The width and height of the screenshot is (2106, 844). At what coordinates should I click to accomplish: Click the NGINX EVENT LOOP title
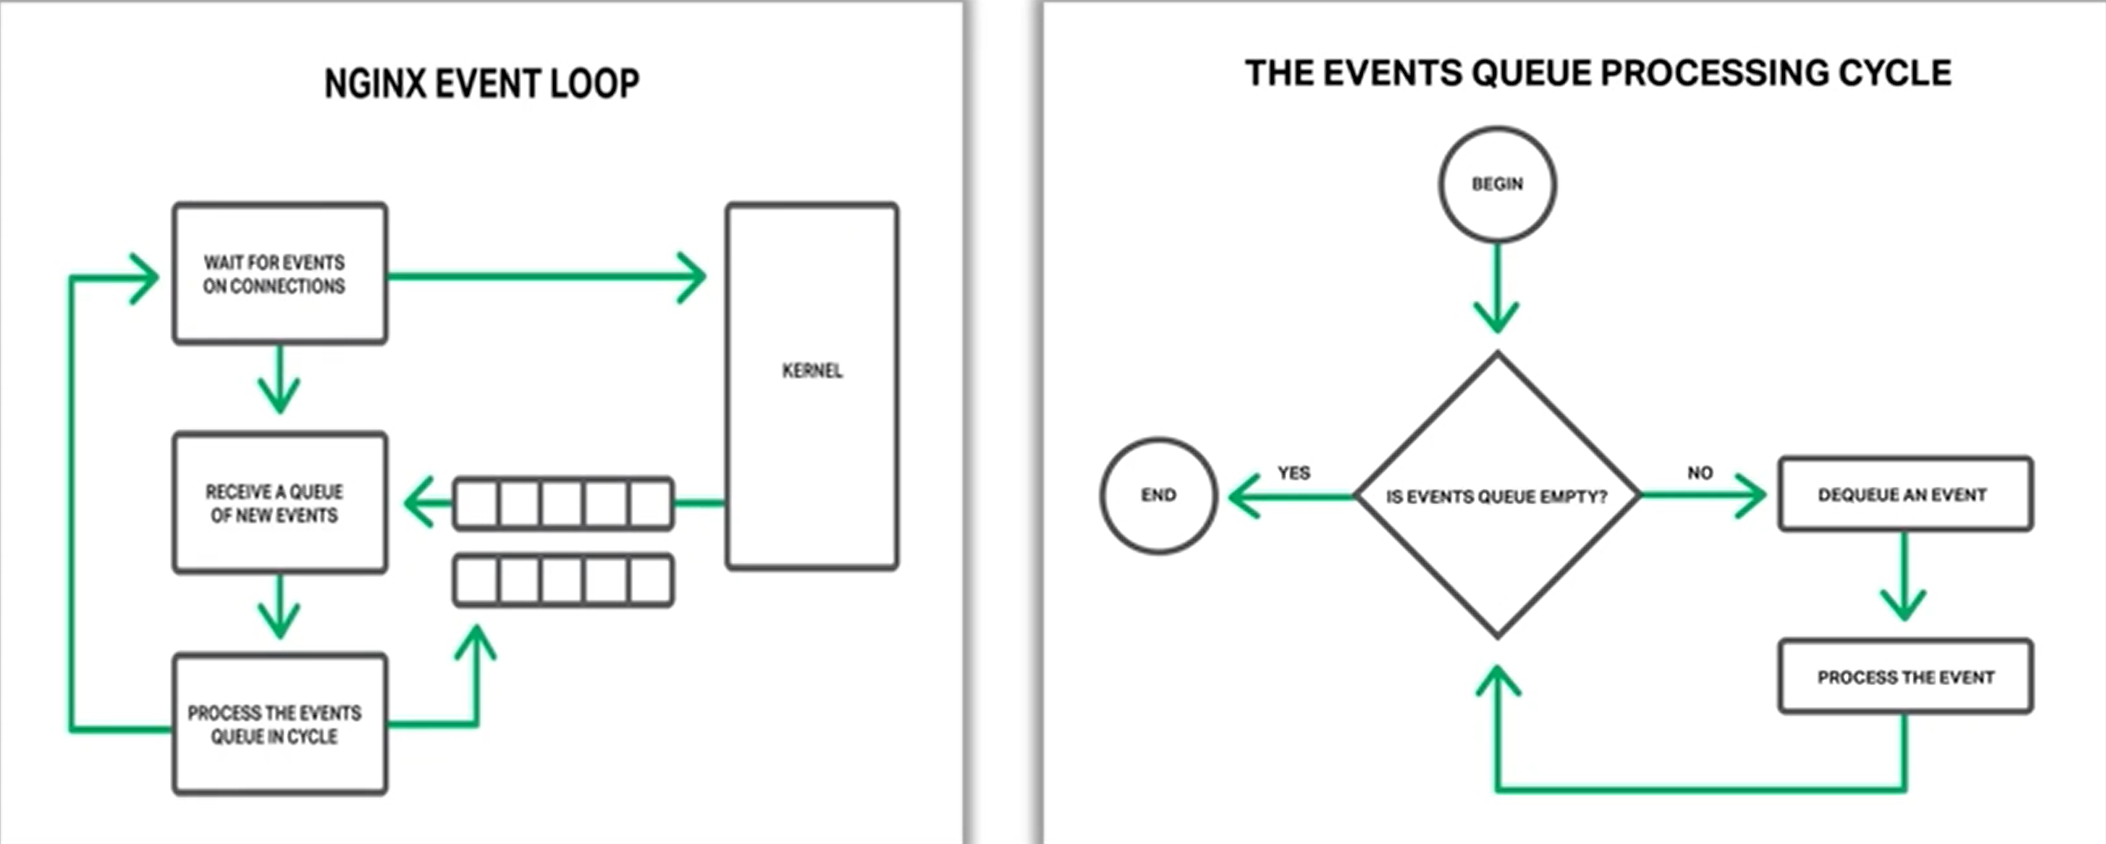[482, 83]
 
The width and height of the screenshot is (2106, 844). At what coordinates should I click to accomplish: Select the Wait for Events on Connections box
[280, 273]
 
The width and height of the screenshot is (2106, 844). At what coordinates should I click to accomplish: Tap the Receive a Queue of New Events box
[280, 502]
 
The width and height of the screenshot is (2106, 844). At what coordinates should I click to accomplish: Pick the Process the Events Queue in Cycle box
[280, 724]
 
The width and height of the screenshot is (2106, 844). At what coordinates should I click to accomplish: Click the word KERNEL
[812, 371]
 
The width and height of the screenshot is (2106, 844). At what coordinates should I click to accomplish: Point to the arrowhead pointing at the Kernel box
[692, 277]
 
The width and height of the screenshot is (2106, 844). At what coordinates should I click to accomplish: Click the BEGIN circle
[1497, 184]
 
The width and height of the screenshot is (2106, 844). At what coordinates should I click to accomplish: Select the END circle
[1158, 494]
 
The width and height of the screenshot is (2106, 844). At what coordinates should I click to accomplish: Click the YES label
[1293, 473]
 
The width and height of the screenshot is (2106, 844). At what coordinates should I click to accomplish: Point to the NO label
[1700, 473]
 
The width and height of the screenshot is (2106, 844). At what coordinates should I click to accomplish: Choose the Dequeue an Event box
[1905, 494]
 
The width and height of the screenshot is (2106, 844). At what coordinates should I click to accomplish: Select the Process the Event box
[1905, 676]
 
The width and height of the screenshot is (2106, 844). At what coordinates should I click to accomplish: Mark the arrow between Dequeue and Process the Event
[1904, 576]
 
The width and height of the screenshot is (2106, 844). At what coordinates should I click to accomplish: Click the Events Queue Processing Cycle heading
[1598, 73]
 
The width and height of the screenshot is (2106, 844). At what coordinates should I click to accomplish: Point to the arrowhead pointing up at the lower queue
[476, 642]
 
